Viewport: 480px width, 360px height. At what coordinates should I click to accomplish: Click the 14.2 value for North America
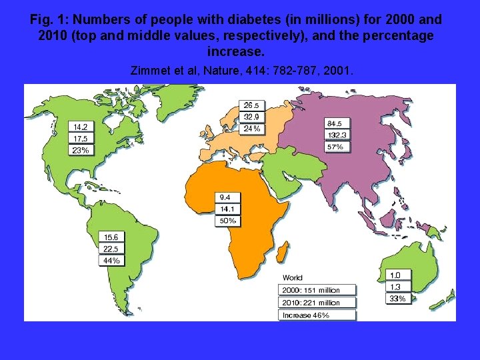pyautogui.click(x=80, y=127)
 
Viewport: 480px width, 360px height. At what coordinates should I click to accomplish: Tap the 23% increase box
pyautogui.click(x=80, y=151)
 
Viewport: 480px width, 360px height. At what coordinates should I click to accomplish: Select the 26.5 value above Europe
pyautogui.click(x=252, y=105)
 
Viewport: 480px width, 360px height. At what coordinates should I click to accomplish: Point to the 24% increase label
pyautogui.click(x=252, y=129)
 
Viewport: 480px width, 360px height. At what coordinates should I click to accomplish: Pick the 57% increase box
pyautogui.click(x=337, y=147)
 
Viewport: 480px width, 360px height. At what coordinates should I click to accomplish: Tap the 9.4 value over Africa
pyautogui.click(x=225, y=197)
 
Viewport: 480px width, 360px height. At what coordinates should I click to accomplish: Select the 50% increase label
pyautogui.click(x=227, y=221)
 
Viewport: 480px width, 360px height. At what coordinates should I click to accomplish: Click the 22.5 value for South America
pyautogui.click(x=111, y=249)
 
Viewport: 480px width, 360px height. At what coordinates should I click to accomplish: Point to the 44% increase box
pyautogui.click(x=111, y=261)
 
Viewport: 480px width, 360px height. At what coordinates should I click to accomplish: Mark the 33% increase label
pyautogui.click(x=396, y=299)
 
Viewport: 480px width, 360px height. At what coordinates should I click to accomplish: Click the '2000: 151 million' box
pyautogui.click(x=317, y=290)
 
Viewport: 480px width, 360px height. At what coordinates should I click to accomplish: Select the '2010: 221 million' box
pyautogui.click(x=317, y=303)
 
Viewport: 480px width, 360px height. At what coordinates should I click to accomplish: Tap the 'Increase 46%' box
pyautogui.click(x=317, y=315)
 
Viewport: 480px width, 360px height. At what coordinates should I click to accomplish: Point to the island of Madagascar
pyautogui.click(x=283, y=252)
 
